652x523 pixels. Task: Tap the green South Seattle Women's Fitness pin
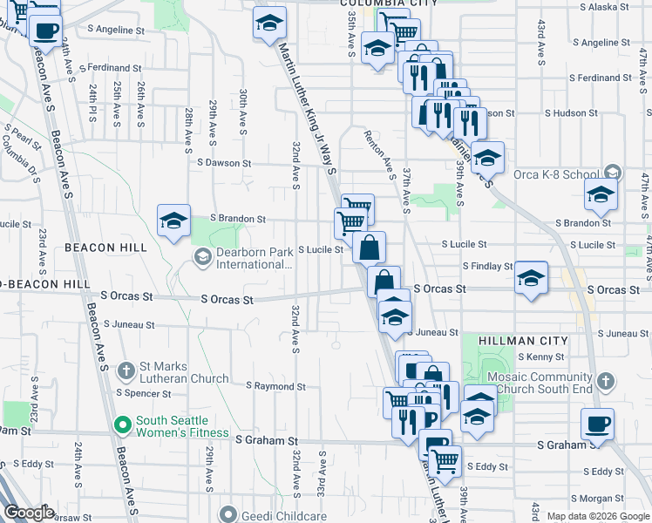(124, 426)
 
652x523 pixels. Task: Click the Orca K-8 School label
(569, 173)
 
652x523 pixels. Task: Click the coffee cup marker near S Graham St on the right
(597, 423)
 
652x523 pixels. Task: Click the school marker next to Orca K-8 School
(601, 195)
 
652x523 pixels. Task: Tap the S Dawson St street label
(224, 163)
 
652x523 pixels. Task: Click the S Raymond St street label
(275, 386)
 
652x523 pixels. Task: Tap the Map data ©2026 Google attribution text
(597, 516)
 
